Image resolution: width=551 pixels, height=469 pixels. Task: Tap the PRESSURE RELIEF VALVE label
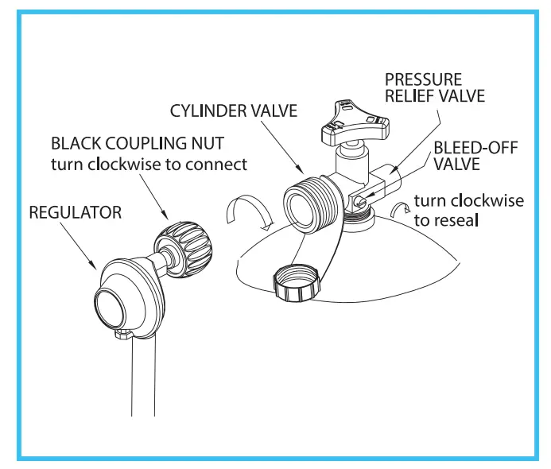pyautogui.click(x=434, y=88)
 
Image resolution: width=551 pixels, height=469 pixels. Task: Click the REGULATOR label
pyautogui.click(x=75, y=212)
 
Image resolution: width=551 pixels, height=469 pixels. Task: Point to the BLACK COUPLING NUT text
pyautogui.click(x=137, y=144)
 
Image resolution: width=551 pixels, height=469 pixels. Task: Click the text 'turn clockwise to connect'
pyautogui.click(x=148, y=165)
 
